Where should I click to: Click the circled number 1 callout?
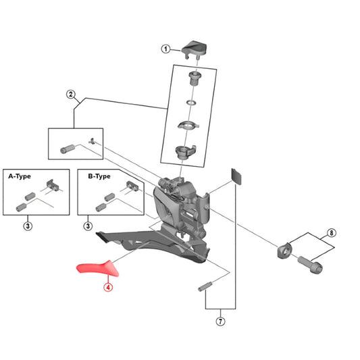pos(164,49)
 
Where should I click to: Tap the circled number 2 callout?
pos(70,95)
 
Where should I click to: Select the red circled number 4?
pos(107,286)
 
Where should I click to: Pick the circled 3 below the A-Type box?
pos(28,226)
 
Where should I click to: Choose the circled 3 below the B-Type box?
pos(88,226)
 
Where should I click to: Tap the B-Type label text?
pos(99,176)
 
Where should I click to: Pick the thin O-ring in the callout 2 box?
pos(192,103)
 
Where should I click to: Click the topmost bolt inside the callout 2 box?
pos(194,78)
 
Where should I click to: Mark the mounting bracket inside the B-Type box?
pos(131,185)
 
